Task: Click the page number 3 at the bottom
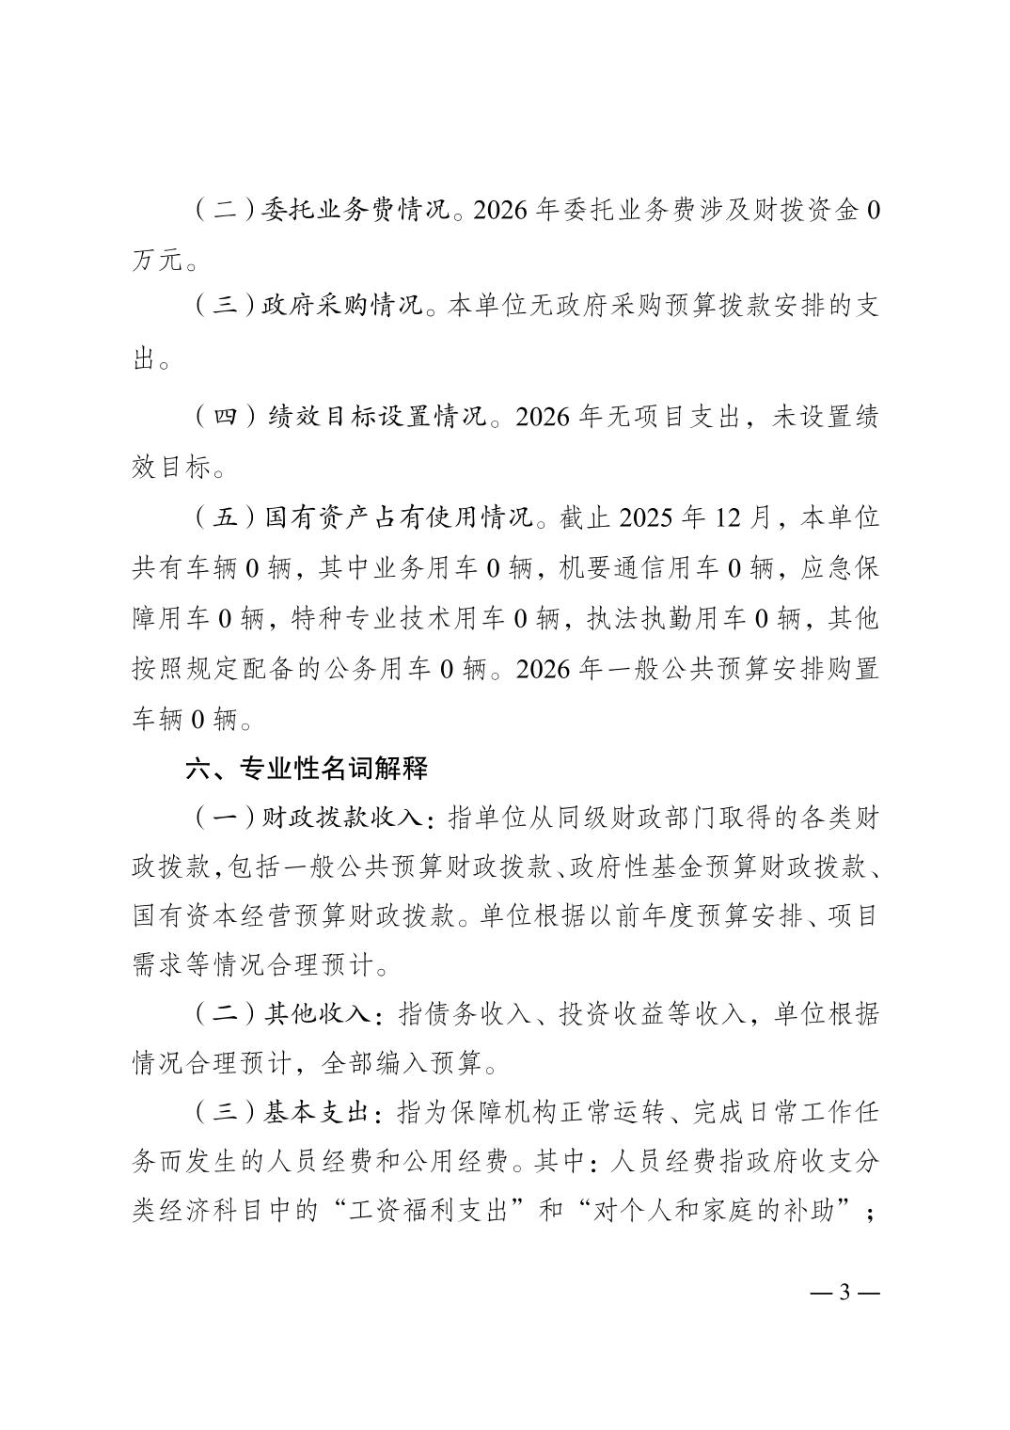tap(844, 1292)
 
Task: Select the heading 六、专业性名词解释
tap(307, 768)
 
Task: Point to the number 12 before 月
tap(718, 517)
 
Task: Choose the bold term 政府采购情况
tap(341, 308)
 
